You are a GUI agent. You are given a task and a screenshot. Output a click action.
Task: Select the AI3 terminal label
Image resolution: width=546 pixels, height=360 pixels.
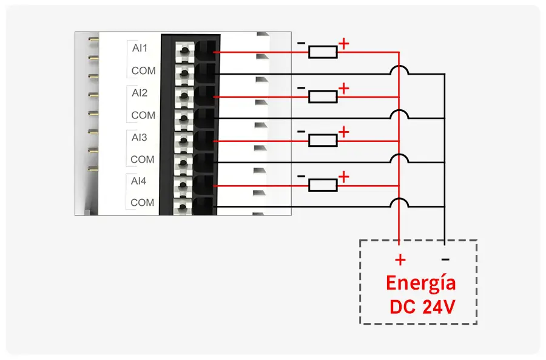(x=140, y=137)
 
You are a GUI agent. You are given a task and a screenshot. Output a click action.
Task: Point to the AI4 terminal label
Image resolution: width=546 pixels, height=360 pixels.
(x=140, y=181)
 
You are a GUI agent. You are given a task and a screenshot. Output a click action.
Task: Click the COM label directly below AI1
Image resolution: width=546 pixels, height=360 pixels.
(x=143, y=70)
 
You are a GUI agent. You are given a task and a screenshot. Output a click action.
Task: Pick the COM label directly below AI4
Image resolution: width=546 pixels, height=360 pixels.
(x=143, y=202)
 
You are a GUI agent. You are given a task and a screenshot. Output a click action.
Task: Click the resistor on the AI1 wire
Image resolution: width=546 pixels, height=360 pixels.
(x=323, y=52)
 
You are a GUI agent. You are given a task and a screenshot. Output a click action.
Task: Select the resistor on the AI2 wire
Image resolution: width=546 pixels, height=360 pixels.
(x=323, y=97)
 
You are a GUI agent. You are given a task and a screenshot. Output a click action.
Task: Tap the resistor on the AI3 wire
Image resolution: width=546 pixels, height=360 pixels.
(x=323, y=141)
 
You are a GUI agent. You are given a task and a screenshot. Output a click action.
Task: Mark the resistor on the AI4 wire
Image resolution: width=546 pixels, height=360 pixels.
(x=323, y=185)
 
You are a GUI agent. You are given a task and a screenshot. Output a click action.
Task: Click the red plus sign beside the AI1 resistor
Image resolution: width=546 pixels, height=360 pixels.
(x=344, y=43)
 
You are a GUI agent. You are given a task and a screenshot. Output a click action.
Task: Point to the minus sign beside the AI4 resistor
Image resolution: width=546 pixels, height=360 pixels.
(x=302, y=176)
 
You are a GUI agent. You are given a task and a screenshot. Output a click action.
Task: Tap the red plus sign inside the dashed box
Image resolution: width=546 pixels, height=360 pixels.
(x=400, y=260)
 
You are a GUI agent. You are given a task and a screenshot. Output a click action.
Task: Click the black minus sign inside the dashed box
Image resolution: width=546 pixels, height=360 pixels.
(x=445, y=259)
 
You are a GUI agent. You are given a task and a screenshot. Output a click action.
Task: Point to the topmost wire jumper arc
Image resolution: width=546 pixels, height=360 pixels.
(x=399, y=70)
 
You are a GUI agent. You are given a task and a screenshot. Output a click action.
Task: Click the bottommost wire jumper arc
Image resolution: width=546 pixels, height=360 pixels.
(x=399, y=203)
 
